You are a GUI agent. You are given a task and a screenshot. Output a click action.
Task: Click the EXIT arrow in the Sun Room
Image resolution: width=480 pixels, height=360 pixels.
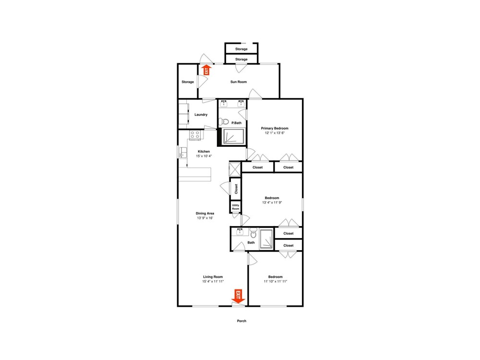pos(206,70)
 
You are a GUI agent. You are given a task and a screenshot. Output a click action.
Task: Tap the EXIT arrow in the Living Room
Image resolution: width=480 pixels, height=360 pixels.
pos(238,296)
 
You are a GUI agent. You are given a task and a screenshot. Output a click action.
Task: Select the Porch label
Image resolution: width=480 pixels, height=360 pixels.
pos(241,321)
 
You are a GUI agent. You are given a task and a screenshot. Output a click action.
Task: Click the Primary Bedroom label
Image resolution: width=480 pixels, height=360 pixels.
pos(275,128)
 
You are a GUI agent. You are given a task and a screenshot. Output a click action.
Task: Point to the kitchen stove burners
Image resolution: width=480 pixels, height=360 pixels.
pos(195,135)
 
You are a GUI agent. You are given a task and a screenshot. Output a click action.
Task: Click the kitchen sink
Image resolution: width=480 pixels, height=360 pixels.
pos(183,152)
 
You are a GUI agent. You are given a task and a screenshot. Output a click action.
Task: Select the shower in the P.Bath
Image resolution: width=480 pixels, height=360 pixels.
pos(234,136)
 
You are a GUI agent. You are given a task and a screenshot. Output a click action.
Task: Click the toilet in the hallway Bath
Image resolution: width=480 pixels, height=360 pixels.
pos(253,233)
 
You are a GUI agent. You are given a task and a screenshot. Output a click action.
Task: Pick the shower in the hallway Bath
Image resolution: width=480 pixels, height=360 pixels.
pos(266,239)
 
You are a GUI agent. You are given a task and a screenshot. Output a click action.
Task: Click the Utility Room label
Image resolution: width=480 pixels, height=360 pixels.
pos(235,207)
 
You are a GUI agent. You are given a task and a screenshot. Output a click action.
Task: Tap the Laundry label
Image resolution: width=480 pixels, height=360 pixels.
pos(201,115)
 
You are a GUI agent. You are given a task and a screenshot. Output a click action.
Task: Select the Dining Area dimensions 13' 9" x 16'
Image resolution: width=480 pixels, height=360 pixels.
pos(205,218)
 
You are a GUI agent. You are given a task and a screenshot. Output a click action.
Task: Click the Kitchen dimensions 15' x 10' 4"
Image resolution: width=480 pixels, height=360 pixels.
pos(204,156)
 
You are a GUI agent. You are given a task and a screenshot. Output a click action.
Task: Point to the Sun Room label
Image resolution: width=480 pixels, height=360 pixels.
pos(239,82)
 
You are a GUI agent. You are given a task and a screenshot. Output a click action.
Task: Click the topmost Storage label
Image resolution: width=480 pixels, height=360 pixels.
pos(241,49)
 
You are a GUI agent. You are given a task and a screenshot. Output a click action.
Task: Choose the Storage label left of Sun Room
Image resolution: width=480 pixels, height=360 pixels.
pos(188,82)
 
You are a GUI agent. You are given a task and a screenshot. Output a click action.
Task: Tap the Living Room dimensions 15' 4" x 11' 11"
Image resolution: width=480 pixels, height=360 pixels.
pos(213,281)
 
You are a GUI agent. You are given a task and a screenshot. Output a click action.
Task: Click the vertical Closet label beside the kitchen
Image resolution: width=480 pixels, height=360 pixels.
pos(236,189)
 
